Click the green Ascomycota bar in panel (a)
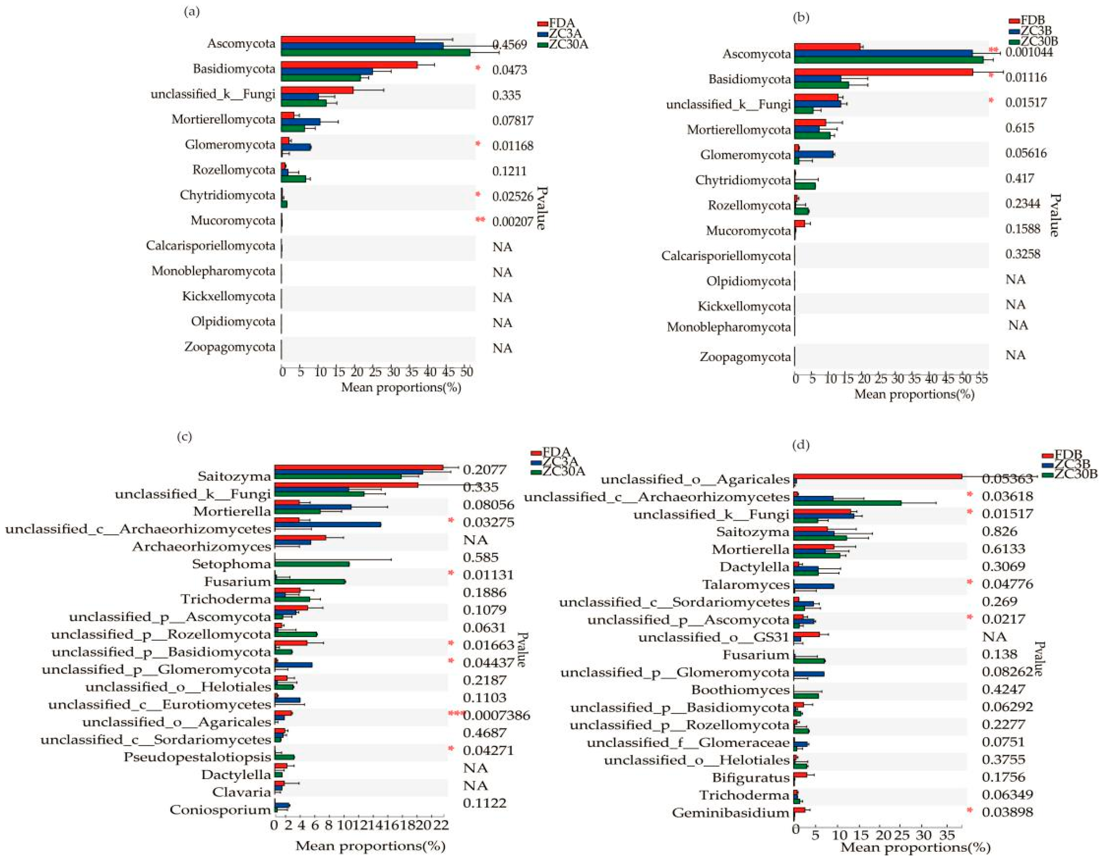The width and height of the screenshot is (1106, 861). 375,52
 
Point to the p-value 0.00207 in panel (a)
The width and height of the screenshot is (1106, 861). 512,221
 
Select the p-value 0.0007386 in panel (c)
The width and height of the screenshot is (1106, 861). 496,715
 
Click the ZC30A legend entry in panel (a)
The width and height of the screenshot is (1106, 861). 568,45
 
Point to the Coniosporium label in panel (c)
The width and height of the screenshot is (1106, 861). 220,810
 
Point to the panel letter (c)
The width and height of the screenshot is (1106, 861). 184,436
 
